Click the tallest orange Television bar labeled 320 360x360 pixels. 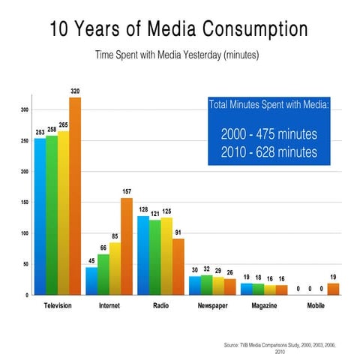pyautogui.click(x=75, y=196)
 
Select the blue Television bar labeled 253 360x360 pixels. pyautogui.click(x=40, y=217)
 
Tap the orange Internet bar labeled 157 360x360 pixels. pyautogui.click(x=127, y=247)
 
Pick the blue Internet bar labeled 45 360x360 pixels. pyautogui.click(x=91, y=281)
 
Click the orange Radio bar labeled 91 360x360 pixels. pyautogui.click(x=178, y=267)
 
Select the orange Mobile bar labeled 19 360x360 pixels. pyautogui.click(x=333, y=289)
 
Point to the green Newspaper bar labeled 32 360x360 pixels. pyautogui.click(x=206, y=285)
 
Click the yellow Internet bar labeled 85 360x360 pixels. pyautogui.click(x=115, y=268)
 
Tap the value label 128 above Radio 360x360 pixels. pyautogui.click(x=143, y=209)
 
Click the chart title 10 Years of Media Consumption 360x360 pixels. pyautogui.click(x=178, y=30)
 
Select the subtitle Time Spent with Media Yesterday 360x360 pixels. pyautogui.click(x=178, y=55)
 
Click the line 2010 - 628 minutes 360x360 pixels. pyautogui.click(x=268, y=152)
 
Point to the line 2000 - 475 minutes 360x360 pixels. pyautogui.click(x=268, y=135)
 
